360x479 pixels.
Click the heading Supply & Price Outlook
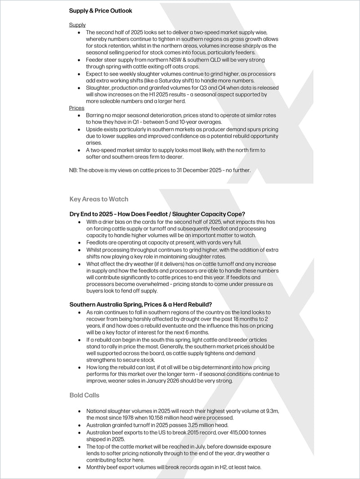pos(100,10)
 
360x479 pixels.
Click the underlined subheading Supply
pos(77,25)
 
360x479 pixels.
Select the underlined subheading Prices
pos(76,108)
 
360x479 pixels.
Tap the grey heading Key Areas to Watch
pos(99,199)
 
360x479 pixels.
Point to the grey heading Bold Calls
pos(85,395)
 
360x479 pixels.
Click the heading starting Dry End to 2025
pos(157,214)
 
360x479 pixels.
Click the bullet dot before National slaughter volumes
pos(80,411)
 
